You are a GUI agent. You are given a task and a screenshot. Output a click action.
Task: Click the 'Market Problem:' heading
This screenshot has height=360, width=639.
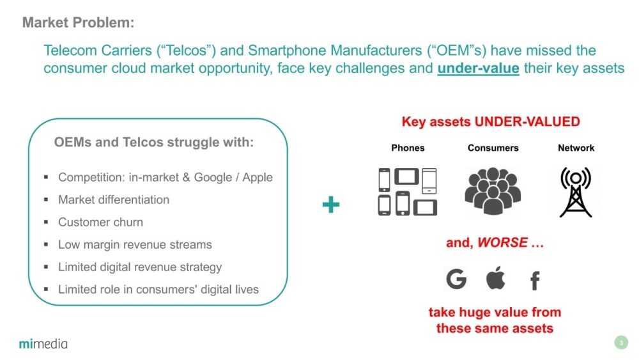click(78, 22)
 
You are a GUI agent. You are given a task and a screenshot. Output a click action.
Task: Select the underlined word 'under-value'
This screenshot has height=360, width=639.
click(478, 68)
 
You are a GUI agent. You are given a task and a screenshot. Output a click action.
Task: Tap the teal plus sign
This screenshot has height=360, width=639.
click(330, 205)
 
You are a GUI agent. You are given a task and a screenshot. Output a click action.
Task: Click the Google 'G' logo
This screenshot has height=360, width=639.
click(456, 279)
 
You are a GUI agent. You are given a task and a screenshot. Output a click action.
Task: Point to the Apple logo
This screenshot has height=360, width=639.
click(496, 278)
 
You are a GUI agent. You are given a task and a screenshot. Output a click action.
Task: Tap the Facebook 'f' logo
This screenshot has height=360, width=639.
click(535, 281)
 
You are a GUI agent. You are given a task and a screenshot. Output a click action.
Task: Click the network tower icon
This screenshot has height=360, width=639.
click(576, 192)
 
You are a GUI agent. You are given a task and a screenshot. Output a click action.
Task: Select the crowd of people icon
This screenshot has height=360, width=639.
click(493, 191)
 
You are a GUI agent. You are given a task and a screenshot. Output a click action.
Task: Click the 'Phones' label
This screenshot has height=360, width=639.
click(408, 148)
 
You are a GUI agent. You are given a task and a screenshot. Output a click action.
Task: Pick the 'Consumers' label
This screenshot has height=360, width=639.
click(493, 148)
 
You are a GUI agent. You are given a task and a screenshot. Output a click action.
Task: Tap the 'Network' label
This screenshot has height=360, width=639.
click(576, 148)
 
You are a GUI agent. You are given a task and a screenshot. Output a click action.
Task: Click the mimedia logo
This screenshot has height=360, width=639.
click(43, 343)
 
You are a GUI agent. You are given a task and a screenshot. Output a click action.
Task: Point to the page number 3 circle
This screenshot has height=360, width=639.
click(621, 343)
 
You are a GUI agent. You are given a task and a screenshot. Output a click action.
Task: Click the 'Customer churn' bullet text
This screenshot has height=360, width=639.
click(101, 222)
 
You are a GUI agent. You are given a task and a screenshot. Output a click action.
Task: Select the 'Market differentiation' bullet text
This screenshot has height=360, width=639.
click(114, 200)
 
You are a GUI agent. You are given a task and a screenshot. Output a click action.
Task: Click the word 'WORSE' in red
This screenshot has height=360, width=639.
click(502, 242)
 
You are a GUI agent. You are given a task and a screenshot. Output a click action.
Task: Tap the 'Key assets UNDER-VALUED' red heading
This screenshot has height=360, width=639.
click(491, 121)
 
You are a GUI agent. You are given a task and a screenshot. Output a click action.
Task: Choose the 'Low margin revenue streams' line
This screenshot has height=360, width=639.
click(135, 245)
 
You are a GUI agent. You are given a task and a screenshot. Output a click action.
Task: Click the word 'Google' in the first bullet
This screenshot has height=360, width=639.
click(213, 178)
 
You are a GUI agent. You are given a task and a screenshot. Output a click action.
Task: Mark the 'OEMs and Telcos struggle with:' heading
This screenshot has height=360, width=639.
click(153, 143)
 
